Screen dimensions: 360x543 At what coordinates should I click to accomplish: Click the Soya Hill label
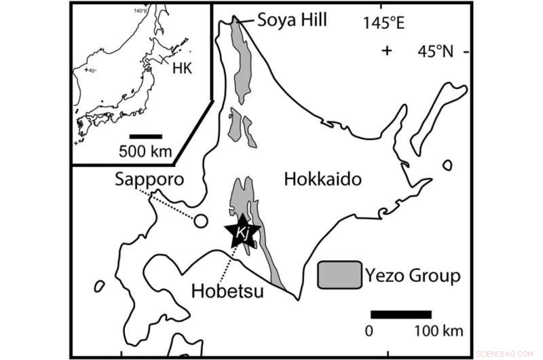tap(292, 20)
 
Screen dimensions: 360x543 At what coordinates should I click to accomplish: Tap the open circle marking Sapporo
tap(200, 221)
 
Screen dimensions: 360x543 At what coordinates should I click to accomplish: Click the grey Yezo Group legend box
tap(339, 276)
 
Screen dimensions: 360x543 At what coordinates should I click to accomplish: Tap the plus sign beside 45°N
tap(387, 50)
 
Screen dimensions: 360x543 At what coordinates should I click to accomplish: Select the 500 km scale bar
tap(146, 136)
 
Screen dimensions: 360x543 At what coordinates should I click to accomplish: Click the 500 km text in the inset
tap(146, 151)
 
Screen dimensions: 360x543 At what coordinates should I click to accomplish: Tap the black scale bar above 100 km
tap(400, 314)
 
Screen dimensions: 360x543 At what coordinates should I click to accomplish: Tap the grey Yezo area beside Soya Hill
tap(241, 61)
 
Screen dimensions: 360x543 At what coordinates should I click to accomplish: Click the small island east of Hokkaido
tap(447, 164)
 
